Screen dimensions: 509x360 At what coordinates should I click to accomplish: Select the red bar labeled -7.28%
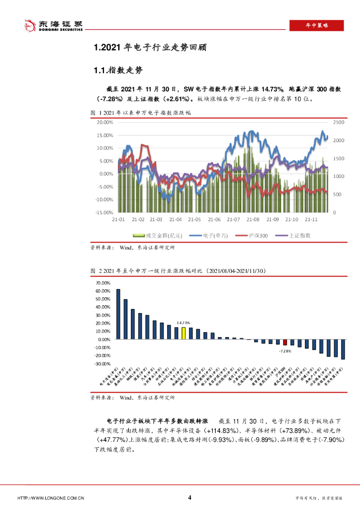point(285,342)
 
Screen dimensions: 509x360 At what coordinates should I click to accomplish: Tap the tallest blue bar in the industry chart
point(118,314)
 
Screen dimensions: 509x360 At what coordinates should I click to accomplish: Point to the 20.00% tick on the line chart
point(105,122)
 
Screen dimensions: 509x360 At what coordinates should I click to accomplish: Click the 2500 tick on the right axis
point(339,122)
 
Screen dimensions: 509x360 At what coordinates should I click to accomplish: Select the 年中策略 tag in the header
point(317,25)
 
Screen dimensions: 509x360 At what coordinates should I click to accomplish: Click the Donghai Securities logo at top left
point(47,25)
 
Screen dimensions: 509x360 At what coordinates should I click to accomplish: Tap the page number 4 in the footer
point(189,497)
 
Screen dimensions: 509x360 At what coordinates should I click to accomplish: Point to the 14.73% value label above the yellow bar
point(183,323)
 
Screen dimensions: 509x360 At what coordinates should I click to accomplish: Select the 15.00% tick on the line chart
point(105,135)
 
